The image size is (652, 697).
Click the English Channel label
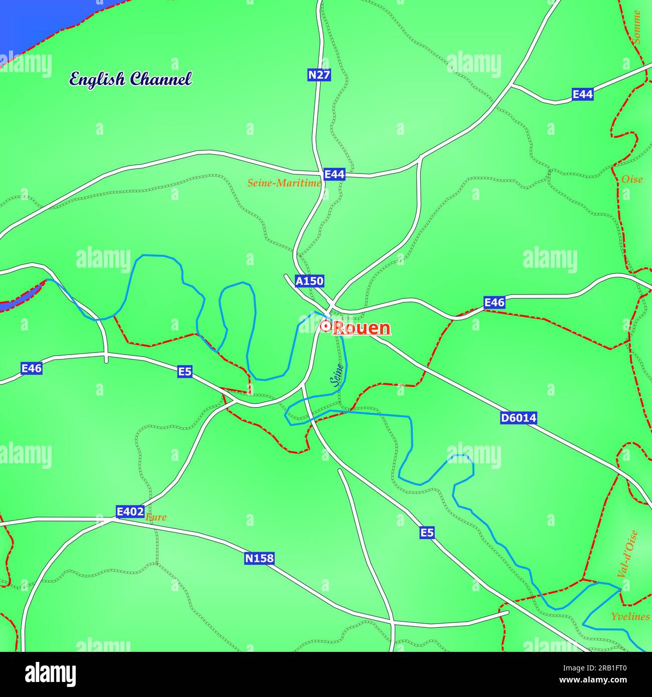tap(130, 79)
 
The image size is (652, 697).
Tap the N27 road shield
tap(319, 75)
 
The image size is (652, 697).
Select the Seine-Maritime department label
tap(284, 183)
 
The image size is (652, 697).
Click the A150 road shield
tap(309, 281)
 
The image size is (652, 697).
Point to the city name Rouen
tap(362, 328)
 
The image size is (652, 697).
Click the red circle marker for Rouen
tap(325, 326)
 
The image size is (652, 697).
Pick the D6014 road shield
tap(518, 418)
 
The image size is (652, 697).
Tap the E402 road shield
tap(130, 511)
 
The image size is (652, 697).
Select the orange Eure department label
tap(156, 517)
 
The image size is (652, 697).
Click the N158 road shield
tap(260, 558)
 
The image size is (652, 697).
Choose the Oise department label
tap(631, 179)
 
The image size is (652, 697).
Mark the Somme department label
tap(637, 27)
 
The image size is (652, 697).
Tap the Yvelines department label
tap(630, 616)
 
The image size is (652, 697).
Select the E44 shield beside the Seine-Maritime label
tap(335, 174)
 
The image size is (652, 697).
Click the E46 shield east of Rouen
tap(494, 302)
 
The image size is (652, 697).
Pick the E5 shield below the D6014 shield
tap(427, 533)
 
